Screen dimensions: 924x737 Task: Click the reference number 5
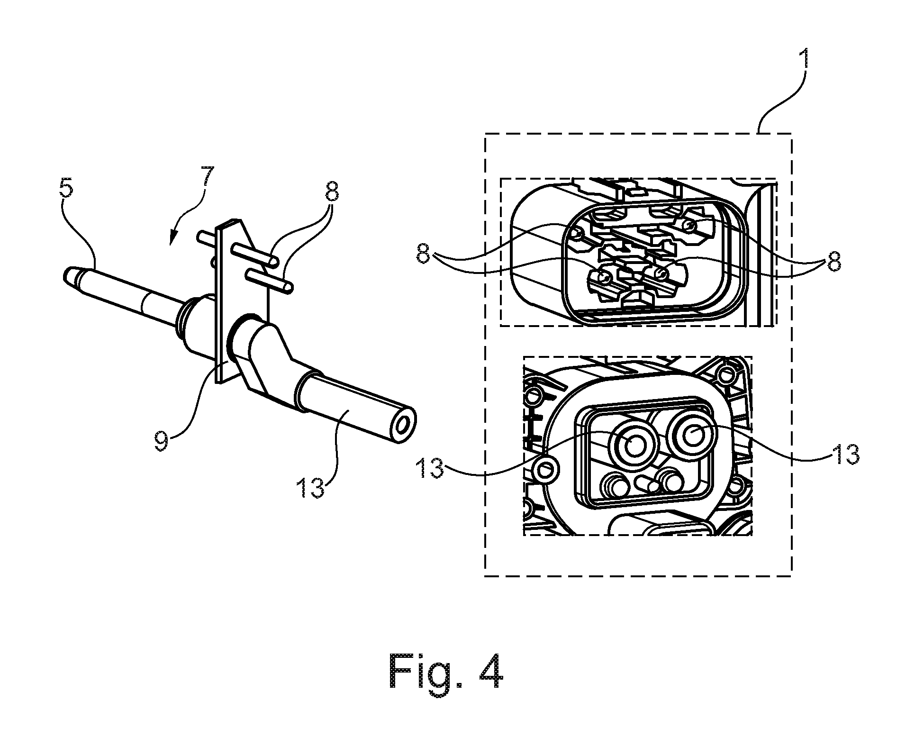(67, 189)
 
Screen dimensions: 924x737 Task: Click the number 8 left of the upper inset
(424, 257)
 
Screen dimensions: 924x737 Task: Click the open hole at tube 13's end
(403, 426)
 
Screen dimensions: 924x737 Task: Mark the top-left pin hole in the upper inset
(577, 234)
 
